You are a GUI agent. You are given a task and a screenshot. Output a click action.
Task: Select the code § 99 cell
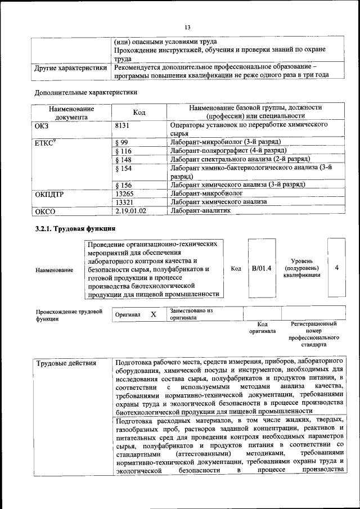pos(121,142)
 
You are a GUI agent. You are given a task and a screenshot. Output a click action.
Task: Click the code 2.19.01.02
pos(130,210)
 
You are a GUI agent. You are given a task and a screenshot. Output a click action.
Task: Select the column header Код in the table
pos(139,112)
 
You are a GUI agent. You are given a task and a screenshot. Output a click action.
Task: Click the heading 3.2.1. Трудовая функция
pos(75,229)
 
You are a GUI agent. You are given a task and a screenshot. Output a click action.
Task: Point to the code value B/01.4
pos(262,268)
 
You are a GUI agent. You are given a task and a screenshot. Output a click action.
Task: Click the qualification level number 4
pos(336,268)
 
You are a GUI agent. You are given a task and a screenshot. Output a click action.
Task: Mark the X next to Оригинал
pos(153,314)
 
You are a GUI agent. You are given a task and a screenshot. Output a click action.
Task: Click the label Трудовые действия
pos(65,363)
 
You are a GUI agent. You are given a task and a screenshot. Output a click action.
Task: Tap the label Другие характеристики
pos(70,68)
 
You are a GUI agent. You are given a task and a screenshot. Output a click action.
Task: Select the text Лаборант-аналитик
pos(201,210)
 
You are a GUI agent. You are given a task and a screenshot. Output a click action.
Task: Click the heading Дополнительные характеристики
pos(85,92)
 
